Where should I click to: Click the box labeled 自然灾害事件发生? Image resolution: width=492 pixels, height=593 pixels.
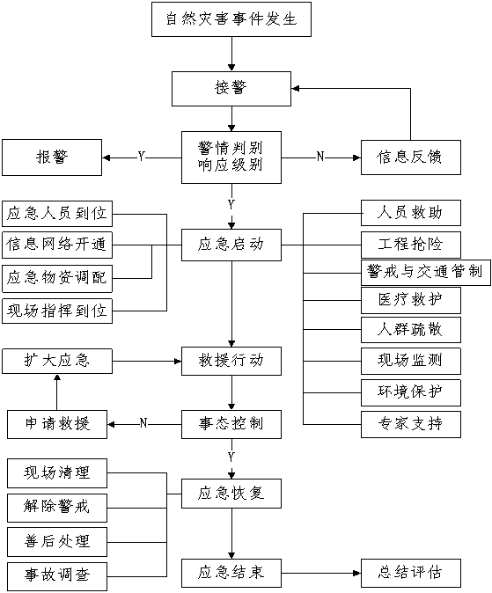coord(231,19)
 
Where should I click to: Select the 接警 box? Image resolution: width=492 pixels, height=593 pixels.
coord(231,89)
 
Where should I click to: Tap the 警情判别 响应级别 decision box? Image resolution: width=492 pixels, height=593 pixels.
coord(231,157)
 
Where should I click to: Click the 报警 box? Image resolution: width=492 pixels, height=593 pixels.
coord(52,157)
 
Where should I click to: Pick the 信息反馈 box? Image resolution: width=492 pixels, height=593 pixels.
coord(411,157)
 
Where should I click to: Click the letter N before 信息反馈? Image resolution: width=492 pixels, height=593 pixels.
coord(320,157)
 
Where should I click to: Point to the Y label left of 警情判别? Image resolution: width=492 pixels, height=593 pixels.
coord(142,157)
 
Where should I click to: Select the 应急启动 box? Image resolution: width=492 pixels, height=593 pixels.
coord(231,245)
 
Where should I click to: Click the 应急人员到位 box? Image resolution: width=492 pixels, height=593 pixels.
coord(57,214)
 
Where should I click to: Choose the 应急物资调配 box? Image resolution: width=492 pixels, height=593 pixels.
coord(57,279)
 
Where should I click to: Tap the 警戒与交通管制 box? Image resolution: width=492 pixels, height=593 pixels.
coord(426,272)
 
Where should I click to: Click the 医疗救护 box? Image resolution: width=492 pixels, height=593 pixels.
coord(411,300)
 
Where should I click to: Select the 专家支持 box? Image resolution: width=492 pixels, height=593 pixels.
coord(411,424)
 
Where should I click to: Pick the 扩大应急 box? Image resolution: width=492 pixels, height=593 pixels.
coord(57,361)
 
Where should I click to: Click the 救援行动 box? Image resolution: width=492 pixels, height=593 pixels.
coord(231,361)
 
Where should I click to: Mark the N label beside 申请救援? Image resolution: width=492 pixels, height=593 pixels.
coord(143,423)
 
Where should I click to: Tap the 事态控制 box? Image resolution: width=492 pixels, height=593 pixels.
coord(231,424)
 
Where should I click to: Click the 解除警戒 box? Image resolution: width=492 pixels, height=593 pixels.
coord(57,508)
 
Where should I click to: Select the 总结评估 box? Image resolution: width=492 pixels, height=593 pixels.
coord(411,573)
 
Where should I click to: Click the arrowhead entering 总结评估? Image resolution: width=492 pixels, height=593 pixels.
coord(356,573)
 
